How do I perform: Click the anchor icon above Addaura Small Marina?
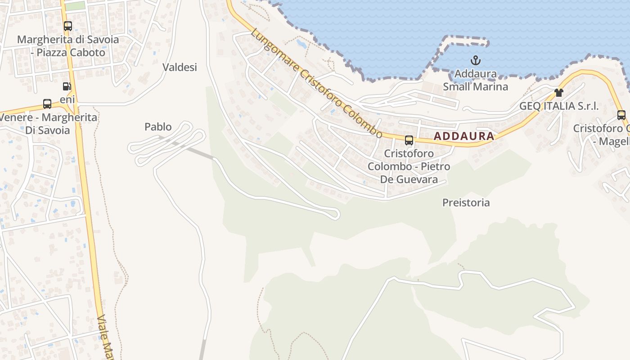(x=476, y=60)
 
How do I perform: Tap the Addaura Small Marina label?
(x=476, y=80)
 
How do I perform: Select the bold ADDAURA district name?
(x=464, y=136)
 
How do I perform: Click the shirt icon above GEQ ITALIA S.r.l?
(x=559, y=93)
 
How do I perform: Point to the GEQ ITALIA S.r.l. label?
(x=559, y=106)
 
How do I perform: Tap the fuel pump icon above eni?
(x=67, y=86)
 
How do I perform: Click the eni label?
(x=67, y=99)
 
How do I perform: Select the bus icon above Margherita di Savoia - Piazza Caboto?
(x=67, y=26)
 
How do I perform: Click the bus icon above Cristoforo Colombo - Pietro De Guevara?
(x=409, y=140)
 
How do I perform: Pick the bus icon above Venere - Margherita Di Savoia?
(x=47, y=104)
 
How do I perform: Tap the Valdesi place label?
(x=180, y=67)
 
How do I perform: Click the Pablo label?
(x=158, y=127)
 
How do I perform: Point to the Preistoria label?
(x=466, y=202)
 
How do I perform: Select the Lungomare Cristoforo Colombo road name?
(x=317, y=84)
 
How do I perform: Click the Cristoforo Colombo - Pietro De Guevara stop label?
(x=409, y=166)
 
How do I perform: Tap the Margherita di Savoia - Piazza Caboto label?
(x=68, y=46)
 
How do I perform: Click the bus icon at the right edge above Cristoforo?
(x=621, y=115)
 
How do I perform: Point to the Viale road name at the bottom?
(x=104, y=337)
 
